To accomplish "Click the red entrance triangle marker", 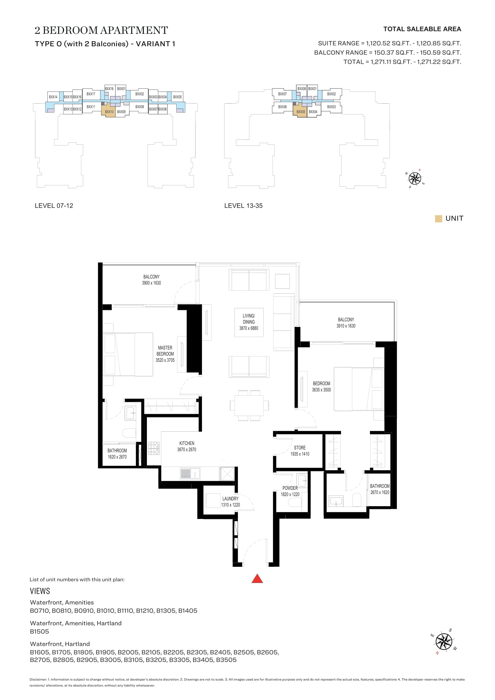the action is coord(257,578).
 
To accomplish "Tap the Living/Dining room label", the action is coord(249,319).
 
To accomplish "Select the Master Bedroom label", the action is coord(165,351).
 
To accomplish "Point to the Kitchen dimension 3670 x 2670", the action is coord(186,450).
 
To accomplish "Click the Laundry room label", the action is coord(230,499).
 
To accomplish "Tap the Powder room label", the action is coord(290,488).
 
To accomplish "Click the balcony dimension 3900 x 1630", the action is coord(151,283).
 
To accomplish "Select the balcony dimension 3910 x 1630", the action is coord(346,326).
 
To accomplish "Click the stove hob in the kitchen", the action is coord(154,448).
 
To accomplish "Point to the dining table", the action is coord(249,405).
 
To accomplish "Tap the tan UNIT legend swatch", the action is coord(438,218).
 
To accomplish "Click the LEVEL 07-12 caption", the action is coord(54,206).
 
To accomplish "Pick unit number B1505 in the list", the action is coord(39,631).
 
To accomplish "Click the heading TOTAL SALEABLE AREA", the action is coord(422,29).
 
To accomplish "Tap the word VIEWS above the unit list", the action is coord(40,591).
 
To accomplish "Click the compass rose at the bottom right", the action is coord(444,641).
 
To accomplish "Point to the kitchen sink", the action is coord(190,474).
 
